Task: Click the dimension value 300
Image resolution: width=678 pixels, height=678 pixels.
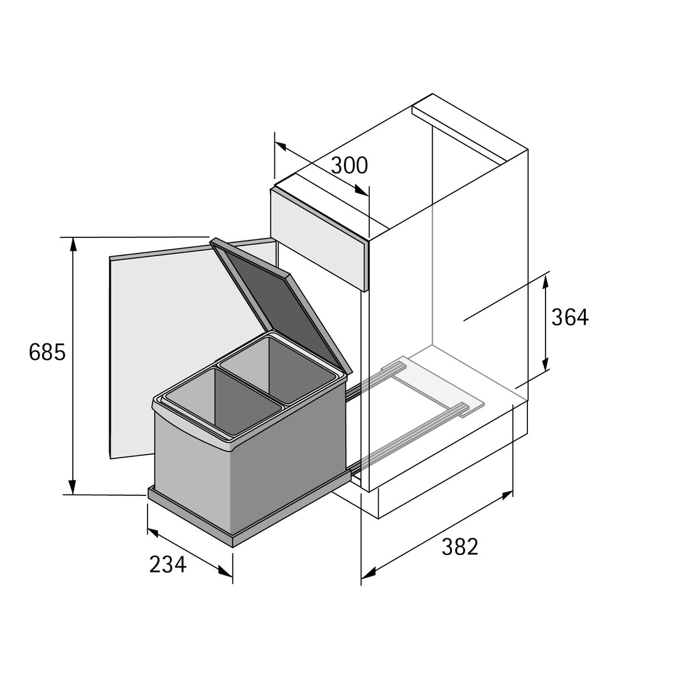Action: pyautogui.click(x=350, y=165)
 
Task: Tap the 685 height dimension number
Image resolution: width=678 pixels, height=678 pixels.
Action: pyautogui.click(x=47, y=352)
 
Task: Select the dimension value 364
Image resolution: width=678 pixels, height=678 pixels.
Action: pyautogui.click(x=570, y=318)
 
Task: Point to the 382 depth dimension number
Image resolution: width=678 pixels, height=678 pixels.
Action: pyautogui.click(x=460, y=547)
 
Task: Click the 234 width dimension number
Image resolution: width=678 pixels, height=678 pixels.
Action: pyautogui.click(x=168, y=564)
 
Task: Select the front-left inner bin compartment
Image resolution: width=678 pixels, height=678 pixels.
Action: pyautogui.click(x=223, y=400)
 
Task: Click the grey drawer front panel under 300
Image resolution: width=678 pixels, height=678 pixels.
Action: pyautogui.click(x=320, y=239)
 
